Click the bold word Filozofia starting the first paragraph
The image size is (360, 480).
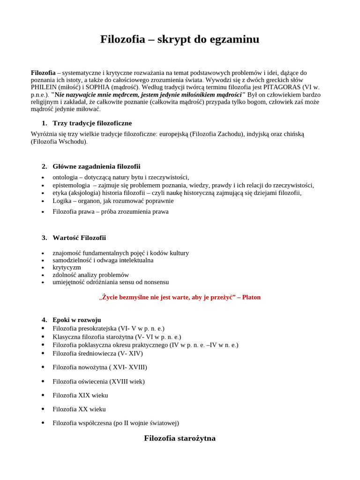43,73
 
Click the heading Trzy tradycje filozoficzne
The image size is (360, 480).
92,123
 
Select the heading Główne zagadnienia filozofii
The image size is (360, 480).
96,166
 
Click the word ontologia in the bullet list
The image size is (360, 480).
66,177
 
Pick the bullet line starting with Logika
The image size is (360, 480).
113,201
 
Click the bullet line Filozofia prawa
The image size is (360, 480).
110,211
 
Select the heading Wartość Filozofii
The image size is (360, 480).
79,238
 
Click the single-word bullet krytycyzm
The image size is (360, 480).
67,267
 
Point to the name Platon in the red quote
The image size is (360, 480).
251,297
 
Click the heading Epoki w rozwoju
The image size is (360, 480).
76,320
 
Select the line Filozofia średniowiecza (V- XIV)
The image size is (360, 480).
97,353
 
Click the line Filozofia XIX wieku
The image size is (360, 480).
80,395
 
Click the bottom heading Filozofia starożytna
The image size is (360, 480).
180,438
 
